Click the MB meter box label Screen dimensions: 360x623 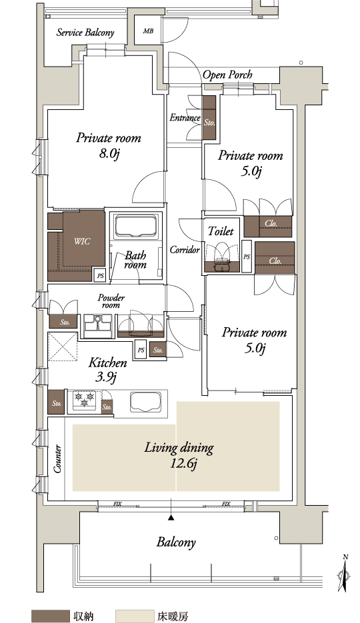click(x=148, y=31)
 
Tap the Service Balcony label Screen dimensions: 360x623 click(x=85, y=33)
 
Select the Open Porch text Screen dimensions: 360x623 click(x=227, y=75)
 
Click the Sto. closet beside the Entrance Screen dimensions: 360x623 click(x=209, y=117)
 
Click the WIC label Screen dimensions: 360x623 click(x=82, y=241)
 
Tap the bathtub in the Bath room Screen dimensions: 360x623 click(x=136, y=227)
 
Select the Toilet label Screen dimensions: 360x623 click(x=221, y=231)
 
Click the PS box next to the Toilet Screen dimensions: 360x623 click(x=247, y=257)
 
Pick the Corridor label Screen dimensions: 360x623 click(x=185, y=250)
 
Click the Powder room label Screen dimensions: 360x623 click(x=111, y=301)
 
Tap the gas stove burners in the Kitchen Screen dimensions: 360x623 click(x=84, y=399)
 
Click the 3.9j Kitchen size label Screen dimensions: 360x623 click(x=106, y=376)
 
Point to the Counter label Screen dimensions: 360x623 click(x=57, y=459)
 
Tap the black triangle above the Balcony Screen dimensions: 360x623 click(x=171, y=518)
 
